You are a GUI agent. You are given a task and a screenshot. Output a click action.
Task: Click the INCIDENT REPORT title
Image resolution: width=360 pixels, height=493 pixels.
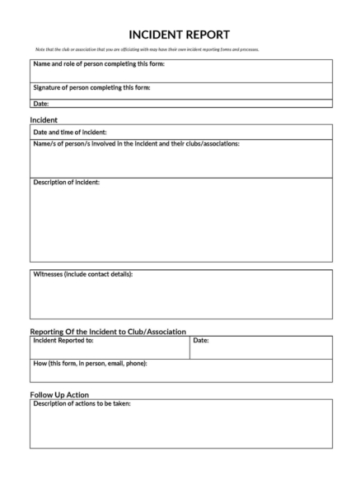(180, 35)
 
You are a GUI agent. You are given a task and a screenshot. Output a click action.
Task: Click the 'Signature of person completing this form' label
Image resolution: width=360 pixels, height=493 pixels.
(91, 87)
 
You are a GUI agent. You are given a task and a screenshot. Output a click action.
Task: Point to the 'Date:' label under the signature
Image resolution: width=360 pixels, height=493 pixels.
(40, 104)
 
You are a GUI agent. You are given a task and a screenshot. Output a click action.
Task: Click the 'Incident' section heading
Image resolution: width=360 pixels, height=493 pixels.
(43, 119)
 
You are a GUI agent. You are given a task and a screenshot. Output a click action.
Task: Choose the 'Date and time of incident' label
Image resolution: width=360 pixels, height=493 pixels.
(69, 132)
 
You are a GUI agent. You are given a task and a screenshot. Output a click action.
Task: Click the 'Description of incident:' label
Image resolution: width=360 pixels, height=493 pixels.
(66, 182)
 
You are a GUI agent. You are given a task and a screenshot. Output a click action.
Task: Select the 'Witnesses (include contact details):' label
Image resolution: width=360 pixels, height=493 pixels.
(82, 274)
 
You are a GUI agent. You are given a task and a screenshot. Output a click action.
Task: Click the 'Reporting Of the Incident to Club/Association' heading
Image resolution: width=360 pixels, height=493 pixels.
(108, 331)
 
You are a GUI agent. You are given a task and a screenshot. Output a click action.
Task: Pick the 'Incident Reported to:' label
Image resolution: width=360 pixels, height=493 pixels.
(63, 339)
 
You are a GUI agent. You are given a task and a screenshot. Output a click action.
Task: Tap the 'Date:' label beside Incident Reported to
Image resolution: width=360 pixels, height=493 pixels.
(201, 339)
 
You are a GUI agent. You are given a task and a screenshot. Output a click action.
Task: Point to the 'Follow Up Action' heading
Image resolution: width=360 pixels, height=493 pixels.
(59, 395)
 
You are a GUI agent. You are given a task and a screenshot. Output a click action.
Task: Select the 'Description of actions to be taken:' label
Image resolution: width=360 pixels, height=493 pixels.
(82, 403)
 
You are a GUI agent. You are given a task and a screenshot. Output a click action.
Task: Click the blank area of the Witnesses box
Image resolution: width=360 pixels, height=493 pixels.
(181, 300)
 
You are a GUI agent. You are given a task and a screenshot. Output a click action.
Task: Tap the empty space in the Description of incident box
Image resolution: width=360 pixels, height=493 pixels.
(181, 226)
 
